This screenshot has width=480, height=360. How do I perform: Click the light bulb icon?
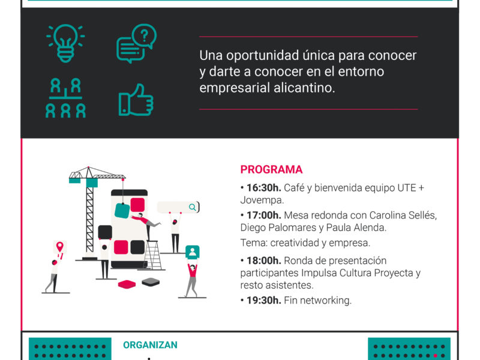click(x=65, y=43)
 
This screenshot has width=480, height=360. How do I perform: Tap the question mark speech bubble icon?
click(x=137, y=43)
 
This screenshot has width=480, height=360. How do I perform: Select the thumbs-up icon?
click(x=136, y=100)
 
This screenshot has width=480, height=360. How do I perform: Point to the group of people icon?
click(x=65, y=98)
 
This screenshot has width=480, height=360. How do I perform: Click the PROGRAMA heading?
click(x=271, y=170)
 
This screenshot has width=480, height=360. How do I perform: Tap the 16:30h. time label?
click(x=264, y=188)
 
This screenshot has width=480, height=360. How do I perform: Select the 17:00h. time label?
click(x=264, y=215)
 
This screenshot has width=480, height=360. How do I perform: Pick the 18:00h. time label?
click(x=264, y=260)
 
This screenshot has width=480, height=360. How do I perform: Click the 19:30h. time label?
click(x=264, y=301)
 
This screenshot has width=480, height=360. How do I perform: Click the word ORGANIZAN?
click(x=151, y=345)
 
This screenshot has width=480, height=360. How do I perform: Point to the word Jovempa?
click(x=262, y=200)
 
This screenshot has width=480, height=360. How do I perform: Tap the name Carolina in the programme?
click(x=386, y=215)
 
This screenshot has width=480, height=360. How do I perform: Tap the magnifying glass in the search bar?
click(x=192, y=207)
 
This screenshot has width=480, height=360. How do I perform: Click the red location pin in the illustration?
click(x=59, y=246)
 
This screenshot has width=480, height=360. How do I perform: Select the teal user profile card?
click(x=192, y=251)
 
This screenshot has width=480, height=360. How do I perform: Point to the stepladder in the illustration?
click(x=152, y=256)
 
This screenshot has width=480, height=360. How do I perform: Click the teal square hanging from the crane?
click(x=122, y=211)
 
